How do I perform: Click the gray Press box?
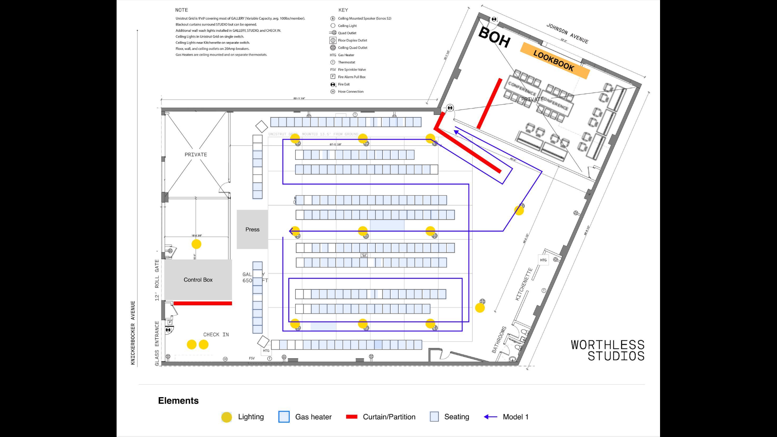(252, 229)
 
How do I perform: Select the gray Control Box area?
(198, 279)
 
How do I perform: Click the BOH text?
(494, 37)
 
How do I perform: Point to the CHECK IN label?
(216, 334)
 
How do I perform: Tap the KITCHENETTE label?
(524, 284)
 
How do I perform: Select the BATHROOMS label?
(499, 339)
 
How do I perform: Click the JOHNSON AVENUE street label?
(567, 34)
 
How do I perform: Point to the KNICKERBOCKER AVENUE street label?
(133, 333)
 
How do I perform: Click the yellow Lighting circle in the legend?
(227, 417)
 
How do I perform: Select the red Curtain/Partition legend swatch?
(352, 417)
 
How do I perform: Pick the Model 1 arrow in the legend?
(491, 417)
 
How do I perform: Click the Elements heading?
(178, 400)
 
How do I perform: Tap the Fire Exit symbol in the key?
(333, 84)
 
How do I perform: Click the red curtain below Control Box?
(203, 303)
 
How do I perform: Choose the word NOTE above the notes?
(182, 10)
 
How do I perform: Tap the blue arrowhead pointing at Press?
(292, 231)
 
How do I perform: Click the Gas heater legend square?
(284, 417)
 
